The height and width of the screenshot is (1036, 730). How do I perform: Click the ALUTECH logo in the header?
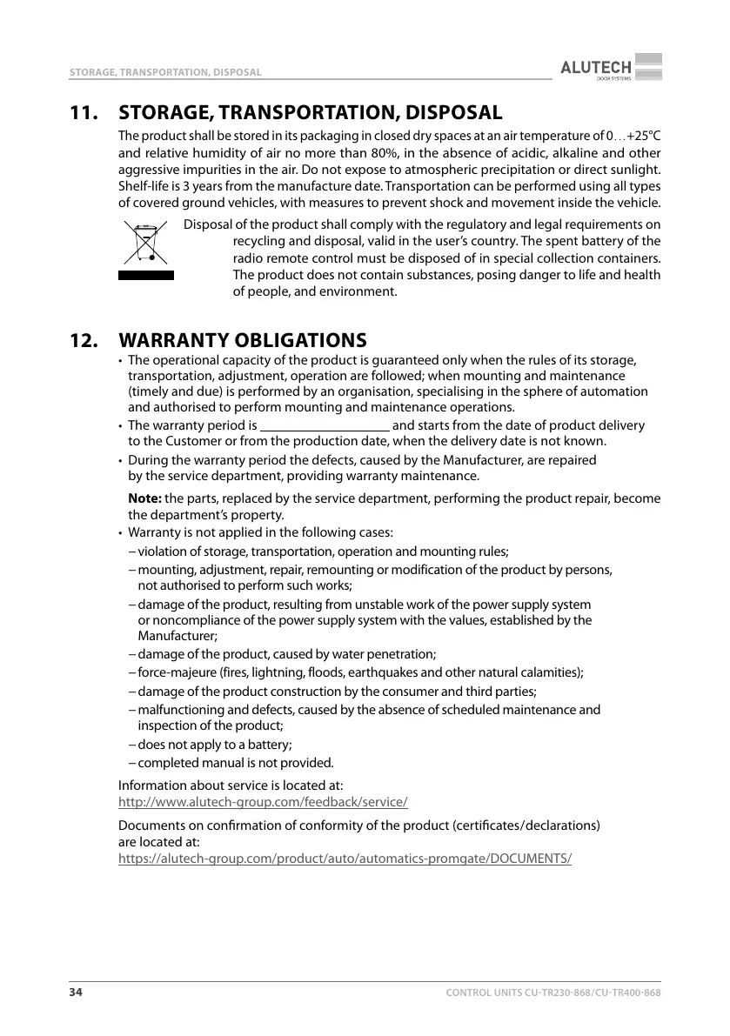pos(611,67)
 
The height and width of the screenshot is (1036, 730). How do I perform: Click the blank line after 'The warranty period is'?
pos(325,426)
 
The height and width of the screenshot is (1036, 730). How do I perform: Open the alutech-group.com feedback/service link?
pos(263,802)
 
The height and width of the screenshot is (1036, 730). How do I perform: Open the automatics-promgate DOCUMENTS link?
pos(345,859)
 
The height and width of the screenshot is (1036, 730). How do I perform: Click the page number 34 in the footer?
pos(77,993)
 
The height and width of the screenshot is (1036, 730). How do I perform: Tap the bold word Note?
pos(145,498)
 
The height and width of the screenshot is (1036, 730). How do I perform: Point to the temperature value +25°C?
pos(643,136)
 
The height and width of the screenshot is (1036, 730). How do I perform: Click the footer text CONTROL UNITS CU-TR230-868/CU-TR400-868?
pos(553,993)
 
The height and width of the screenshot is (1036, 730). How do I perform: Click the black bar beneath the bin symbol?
pos(146,275)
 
